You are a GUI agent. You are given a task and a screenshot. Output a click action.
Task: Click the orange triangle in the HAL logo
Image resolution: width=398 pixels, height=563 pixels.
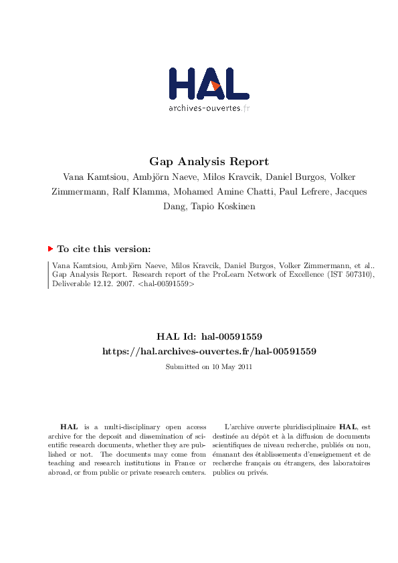215,86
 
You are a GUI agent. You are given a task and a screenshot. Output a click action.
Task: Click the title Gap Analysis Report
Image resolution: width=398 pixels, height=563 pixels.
209,161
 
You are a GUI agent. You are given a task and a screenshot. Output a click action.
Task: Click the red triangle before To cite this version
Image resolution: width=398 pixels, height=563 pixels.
50,249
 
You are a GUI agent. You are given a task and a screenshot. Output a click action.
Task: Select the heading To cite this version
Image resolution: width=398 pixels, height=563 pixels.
104,249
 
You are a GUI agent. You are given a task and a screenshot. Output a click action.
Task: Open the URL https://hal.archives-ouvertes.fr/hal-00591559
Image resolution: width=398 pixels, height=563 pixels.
209,350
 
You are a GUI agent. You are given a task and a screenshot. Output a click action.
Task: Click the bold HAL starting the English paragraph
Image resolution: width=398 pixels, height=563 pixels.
68,426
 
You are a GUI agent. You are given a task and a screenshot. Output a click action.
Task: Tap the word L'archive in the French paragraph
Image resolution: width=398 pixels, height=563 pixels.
237,426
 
